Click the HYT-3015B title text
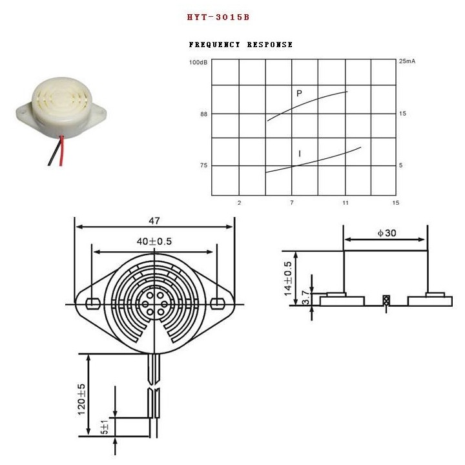[218, 17]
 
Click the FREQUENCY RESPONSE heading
[241, 45]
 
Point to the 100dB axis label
[198, 62]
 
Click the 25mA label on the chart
[407, 61]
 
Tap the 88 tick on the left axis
[203, 114]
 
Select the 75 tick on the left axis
[203, 165]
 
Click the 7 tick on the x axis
[292, 203]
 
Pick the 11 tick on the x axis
[345, 203]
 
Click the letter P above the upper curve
[299, 94]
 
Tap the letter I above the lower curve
[300, 154]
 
